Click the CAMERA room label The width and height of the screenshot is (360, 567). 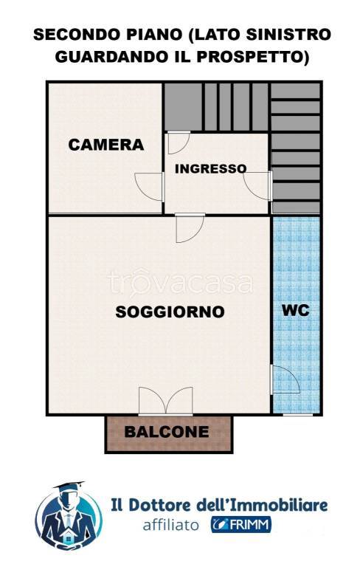point(106,145)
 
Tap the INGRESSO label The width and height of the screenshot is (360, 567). point(210,168)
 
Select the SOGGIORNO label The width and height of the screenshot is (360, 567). point(170,312)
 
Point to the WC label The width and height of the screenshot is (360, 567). point(296,310)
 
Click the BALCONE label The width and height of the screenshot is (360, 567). point(167,432)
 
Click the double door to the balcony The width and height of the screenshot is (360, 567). point(165,401)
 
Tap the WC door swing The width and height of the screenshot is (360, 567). point(285,379)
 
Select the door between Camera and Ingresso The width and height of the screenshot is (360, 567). point(149,187)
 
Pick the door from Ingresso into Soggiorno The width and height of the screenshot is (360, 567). point(190,228)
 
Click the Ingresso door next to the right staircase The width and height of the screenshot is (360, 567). point(257,186)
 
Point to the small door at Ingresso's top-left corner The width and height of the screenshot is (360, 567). point(179,142)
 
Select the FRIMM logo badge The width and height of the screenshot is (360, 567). point(241,524)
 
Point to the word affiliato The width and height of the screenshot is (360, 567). point(170,525)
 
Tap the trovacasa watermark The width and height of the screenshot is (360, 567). point(180,283)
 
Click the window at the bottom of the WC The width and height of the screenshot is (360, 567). point(297,415)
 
